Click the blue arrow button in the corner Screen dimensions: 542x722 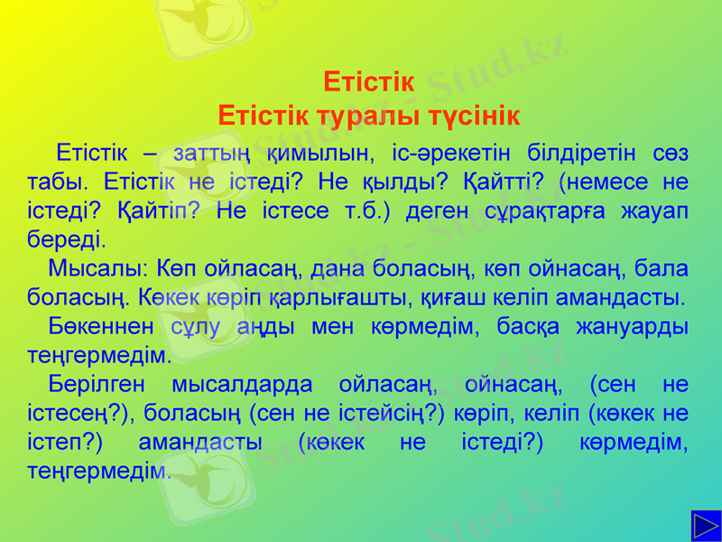pyautogui.click(x=705, y=526)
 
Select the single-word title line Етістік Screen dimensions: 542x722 pyautogui.click(x=368, y=83)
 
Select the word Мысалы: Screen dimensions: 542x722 pyautogui.click(x=98, y=268)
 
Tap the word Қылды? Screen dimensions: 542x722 pyautogui.click(x=398, y=181)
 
